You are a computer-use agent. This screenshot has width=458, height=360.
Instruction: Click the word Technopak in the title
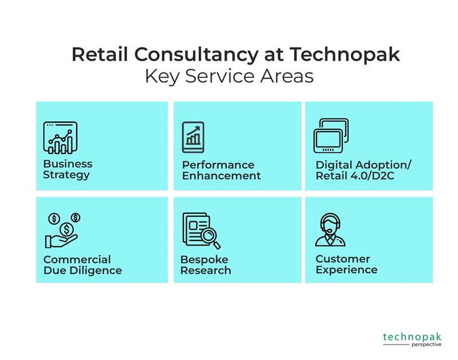click(x=345, y=54)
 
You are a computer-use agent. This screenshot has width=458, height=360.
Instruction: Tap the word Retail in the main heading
click(x=100, y=54)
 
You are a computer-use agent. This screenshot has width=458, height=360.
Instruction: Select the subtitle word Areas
click(x=287, y=76)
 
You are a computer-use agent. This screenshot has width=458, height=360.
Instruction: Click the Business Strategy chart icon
click(x=60, y=137)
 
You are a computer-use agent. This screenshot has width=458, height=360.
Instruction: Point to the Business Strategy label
click(x=68, y=169)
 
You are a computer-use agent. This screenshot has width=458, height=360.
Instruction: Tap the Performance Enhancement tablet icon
click(x=193, y=137)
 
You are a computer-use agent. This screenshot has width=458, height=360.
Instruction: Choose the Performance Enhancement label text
click(x=222, y=170)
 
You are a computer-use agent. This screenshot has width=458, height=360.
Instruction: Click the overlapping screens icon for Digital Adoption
click(x=331, y=136)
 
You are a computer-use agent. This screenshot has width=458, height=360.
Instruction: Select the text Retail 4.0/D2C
click(x=355, y=176)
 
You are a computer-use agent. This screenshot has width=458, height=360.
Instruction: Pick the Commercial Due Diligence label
click(x=82, y=265)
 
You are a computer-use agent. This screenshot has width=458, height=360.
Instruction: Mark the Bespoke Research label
click(x=206, y=265)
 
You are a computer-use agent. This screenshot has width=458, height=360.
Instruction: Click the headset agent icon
click(x=330, y=230)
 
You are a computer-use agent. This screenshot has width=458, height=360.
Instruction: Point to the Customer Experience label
click(x=346, y=264)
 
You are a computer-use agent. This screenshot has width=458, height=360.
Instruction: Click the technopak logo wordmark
click(x=412, y=337)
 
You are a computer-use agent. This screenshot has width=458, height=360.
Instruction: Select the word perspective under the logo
click(x=427, y=345)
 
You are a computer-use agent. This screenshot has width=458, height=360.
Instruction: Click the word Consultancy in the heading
click(x=196, y=54)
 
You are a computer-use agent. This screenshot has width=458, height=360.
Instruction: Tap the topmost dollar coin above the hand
click(x=76, y=217)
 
